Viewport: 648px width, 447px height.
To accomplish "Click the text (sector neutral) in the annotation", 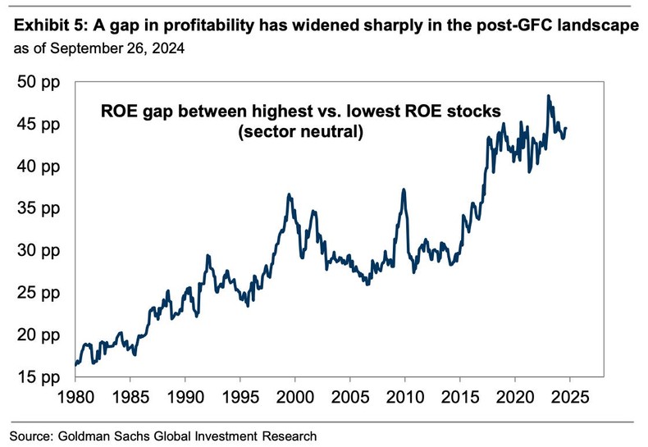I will click(300, 130).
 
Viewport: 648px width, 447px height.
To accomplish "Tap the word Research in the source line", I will click(287, 434).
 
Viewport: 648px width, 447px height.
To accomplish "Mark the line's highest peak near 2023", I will click(548, 97).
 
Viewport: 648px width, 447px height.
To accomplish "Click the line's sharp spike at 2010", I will click(404, 189).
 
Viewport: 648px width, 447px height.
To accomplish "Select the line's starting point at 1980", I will click(75, 364).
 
